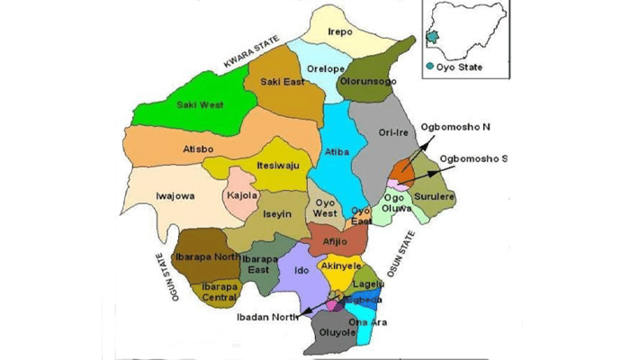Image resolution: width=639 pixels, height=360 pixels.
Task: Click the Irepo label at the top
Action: click(340, 31)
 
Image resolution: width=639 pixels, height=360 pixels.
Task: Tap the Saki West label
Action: click(200, 105)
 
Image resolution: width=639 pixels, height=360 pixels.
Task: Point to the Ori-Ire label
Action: click(393, 132)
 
